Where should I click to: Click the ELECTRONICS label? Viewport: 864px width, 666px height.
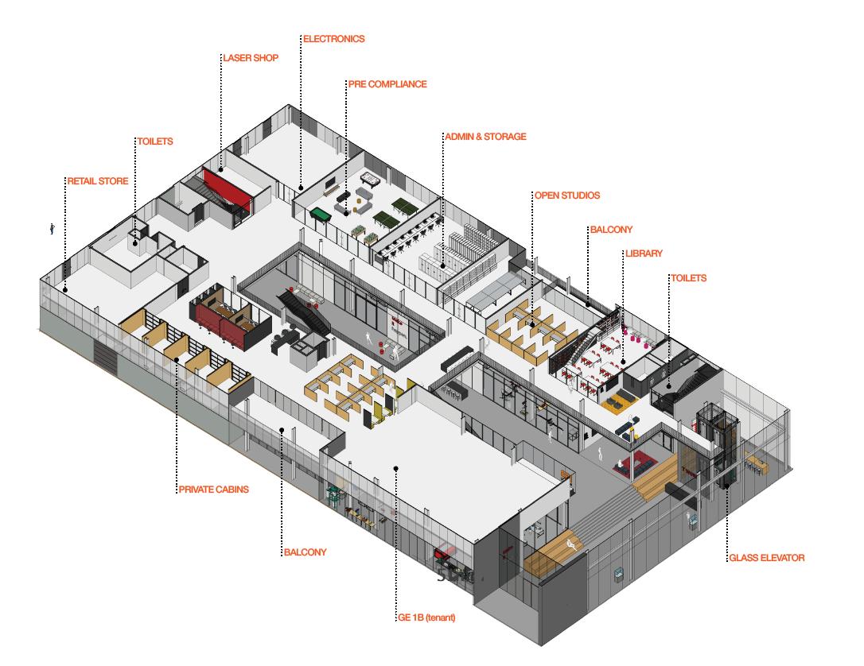tap(334, 39)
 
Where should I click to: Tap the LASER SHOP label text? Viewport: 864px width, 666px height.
tap(251, 58)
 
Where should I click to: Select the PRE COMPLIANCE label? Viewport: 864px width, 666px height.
tap(387, 84)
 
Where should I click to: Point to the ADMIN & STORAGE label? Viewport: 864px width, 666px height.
tap(485, 137)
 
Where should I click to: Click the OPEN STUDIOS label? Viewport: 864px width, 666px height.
tap(567, 196)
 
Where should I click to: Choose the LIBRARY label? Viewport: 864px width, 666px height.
tap(644, 254)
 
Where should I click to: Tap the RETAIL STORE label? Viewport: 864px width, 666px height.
tap(98, 181)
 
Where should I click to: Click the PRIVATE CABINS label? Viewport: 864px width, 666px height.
tap(213, 490)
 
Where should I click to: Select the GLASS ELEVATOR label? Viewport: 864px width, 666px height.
tap(767, 559)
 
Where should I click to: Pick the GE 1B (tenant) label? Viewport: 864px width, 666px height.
tap(426, 617)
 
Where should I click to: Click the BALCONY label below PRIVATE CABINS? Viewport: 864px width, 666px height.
tap(305, 552)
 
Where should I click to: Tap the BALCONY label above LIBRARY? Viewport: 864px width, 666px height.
tap(611, 230)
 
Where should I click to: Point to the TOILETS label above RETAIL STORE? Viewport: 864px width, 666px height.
tap(155, 141)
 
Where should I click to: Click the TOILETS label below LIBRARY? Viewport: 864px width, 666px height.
tap(688, 279)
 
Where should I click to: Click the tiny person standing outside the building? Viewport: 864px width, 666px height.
tap(53, 229)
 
